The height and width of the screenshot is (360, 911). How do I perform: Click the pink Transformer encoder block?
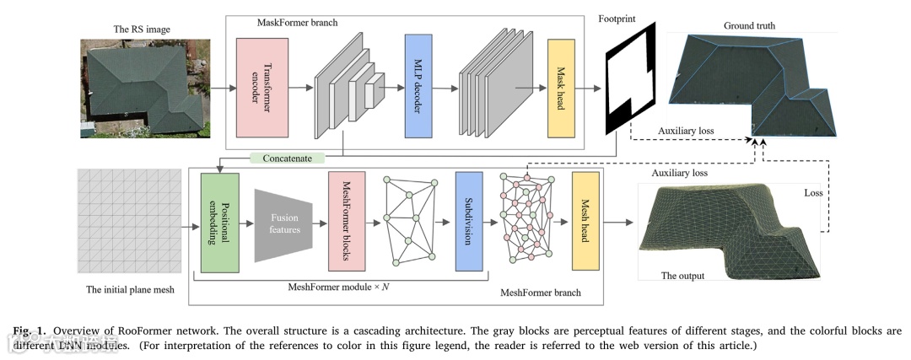click(x=263, y=88)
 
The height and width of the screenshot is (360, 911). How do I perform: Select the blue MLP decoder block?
click(x=418, y=86)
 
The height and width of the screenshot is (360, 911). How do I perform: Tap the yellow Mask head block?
click(x=561, y=88)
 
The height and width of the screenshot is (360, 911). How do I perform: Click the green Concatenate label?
click(x=286, y=158)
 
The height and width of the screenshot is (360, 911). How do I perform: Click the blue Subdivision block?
click(x=468, y=221)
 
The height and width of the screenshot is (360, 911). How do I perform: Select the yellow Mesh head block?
click(x=585, y=221)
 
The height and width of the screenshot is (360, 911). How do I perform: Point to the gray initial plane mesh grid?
click(x=130, y=220)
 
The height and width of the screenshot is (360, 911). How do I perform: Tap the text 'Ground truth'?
click(x=749, y=26)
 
